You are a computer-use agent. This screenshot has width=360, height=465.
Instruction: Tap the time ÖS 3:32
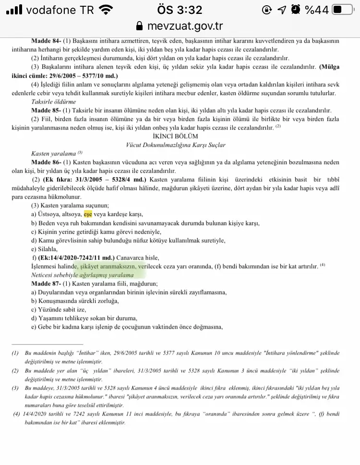pos(180,10)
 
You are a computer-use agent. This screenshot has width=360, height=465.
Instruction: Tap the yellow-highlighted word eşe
pos(88,214)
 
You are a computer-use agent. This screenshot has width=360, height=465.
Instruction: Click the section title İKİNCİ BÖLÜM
pos(180,136)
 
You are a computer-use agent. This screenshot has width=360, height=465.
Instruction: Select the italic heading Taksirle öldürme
pos(53,102)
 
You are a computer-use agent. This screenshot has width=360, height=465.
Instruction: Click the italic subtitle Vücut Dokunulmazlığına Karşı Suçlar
pos(180,144)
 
